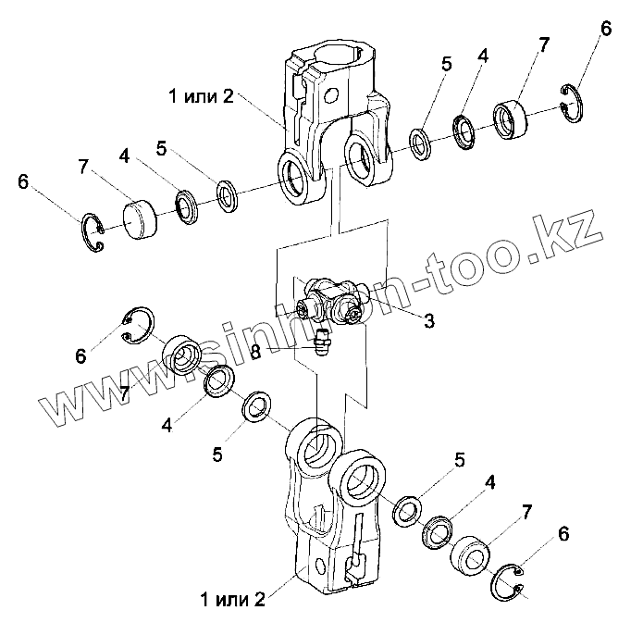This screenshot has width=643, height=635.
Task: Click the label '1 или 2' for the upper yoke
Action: (x=202, y=96)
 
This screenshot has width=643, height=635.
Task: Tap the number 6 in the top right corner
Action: (x=605, y=29)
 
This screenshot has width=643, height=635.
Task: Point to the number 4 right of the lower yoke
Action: (x=489, y=482)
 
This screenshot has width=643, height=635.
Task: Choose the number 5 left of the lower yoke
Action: (x=216, y=454)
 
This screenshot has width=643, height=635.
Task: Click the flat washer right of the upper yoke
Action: (x=420, y=143)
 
